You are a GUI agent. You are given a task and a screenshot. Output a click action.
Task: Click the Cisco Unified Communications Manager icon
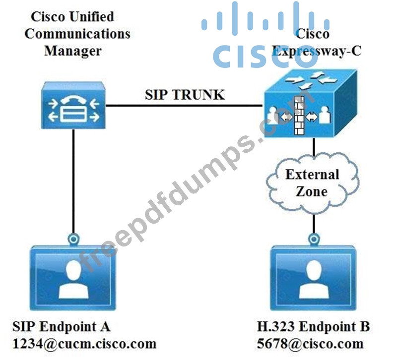(73, 105)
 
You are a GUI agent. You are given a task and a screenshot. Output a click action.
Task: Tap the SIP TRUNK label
(185, 94)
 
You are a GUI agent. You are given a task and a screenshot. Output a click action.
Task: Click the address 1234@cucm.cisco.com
(84, 343)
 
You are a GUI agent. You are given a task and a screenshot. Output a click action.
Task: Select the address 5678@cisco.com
(310, 343)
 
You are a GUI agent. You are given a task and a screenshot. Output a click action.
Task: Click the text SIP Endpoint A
(61, 327)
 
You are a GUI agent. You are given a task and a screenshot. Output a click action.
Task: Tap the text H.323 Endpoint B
(313, 327)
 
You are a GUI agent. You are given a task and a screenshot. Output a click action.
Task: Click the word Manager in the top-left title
(73, 50)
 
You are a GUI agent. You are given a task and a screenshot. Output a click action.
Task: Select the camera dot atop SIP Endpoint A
(73, 240)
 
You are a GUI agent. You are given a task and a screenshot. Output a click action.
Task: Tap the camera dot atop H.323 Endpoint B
(314, 240)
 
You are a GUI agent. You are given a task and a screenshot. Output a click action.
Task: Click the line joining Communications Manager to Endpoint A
(73, 183)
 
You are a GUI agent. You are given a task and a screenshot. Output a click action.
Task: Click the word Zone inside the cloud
(312, 191)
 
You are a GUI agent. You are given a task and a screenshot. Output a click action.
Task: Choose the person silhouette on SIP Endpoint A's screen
(73, 280)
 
